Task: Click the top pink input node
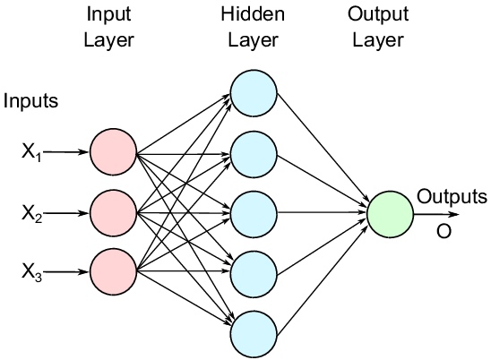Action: tap(114, 152)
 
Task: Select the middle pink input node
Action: tap(114, 213)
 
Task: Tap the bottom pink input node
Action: tap(114, 271)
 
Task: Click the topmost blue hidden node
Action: tap(254, 93)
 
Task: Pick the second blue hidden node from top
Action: tap(254, 154)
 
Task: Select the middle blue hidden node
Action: tap(254, 214)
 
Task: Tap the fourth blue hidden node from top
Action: tap(254, 274)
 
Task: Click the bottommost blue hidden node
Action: tap(254, 334)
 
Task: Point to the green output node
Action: tap(390, 214)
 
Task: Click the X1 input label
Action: tap(31, 152)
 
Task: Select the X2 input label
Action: tap(31, 214)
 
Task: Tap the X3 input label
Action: tap(31, 272)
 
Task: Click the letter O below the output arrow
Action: tap(444, 232)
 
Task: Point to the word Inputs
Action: tap(30, 101)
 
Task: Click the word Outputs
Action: tap(452, 196)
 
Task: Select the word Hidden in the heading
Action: tap(253, 13)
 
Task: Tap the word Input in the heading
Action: tap(108, 15)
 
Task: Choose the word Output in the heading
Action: tap(378, 15)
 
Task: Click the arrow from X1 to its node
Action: tap(65, 152)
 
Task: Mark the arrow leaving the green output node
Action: tap(436, 214)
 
